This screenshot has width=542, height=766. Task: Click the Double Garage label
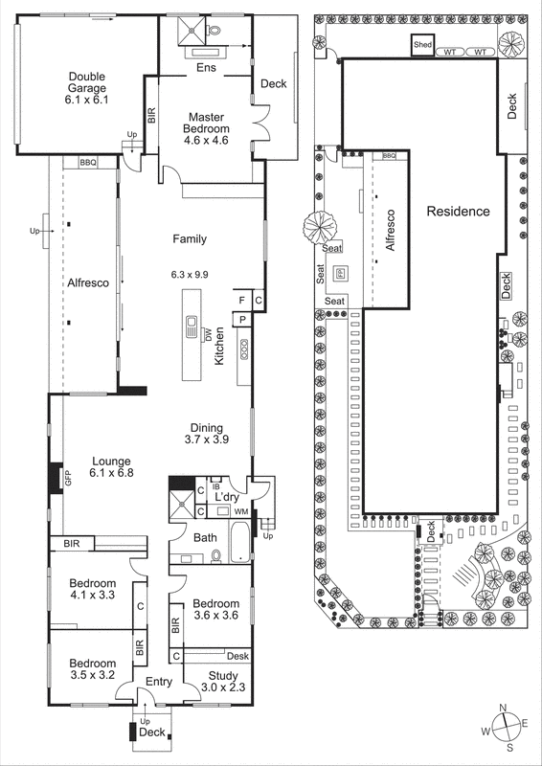tap(86, 88)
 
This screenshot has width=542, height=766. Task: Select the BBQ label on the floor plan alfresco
tap(89, 164)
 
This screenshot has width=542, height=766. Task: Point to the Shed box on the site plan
tap(422, 45)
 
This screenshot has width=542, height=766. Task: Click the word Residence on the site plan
tap(458, 212)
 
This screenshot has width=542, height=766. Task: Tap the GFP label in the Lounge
tap(68, 479)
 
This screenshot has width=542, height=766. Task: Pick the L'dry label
tap(226, 499)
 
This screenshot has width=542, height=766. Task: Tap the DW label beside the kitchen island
tap(207, 334)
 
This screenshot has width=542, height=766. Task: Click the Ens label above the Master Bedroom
tap(206, 68)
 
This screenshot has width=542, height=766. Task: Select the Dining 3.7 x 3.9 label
tap(207, 434)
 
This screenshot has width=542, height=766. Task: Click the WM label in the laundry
tap(240, 512)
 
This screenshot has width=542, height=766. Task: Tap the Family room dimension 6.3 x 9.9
tap(190, 274)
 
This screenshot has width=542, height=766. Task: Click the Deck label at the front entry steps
tap(152, 732)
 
